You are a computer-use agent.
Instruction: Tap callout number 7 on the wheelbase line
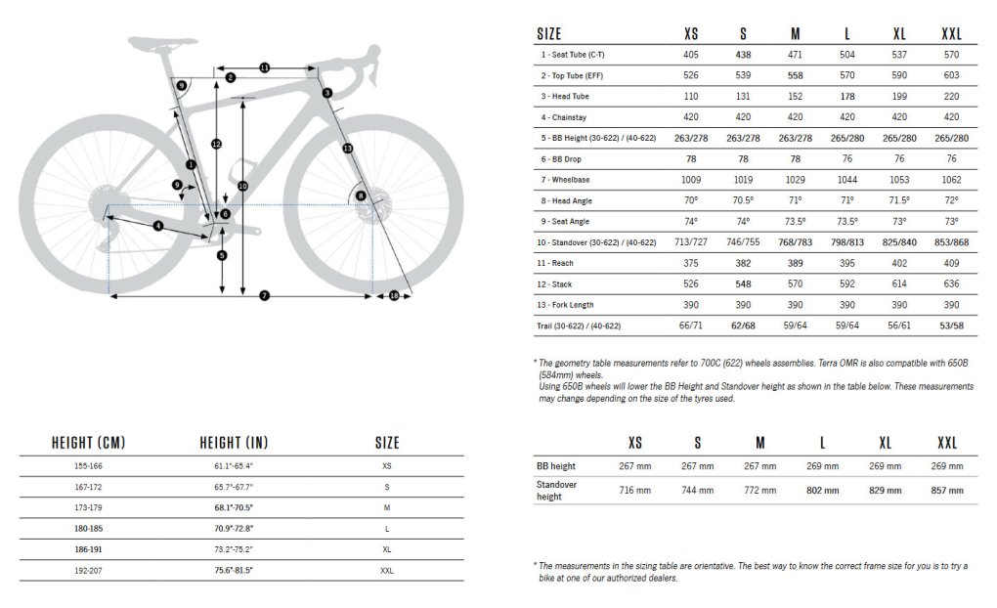(x=264, y=295)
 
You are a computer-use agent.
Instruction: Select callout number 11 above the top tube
(x=264, y=67)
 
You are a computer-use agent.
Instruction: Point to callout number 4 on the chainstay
(x=157, y=227)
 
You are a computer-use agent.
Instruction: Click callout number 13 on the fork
(x=348, y=148)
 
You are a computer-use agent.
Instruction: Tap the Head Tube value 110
(x=691, y=96)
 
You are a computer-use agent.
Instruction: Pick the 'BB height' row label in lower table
(x=556, y=465)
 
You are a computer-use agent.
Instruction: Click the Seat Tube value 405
(x=691, y=56)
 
